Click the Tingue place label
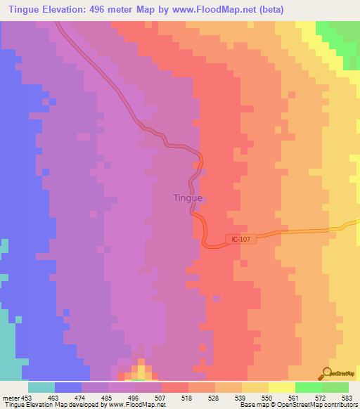click(x=188, y=197)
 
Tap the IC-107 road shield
click(x=240, y=240)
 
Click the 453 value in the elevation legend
click(x=27, y=397)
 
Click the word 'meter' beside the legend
click(x=9, y=397)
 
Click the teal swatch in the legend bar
click(x=41, y=387)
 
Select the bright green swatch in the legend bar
click(x=308, y=387)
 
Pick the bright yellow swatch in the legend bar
click(x=281, y=387)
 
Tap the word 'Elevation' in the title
click(x=76, y=9)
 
